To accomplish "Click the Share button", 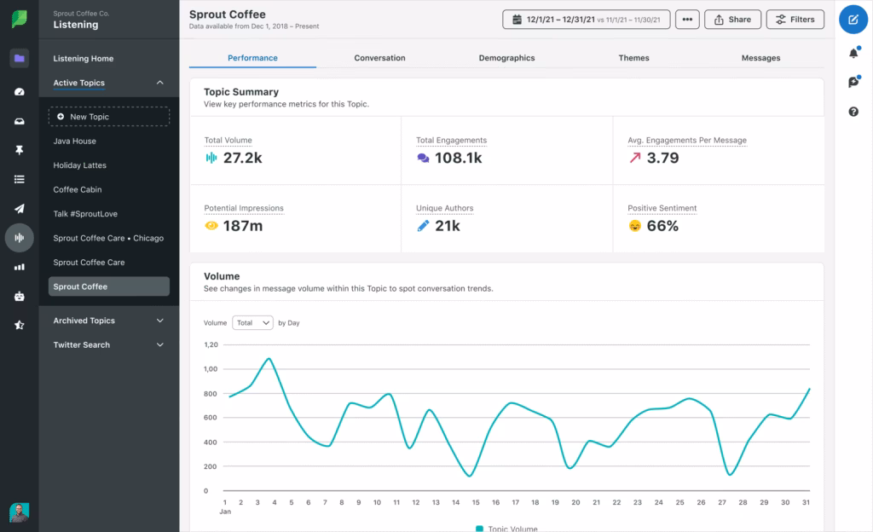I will [732, 20].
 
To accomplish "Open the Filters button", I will [795, 20].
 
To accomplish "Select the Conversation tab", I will [379, 58].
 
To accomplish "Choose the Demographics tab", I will [506, 58].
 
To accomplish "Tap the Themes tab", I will [633, 58].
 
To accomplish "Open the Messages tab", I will [760, 58].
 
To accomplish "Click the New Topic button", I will [108, 117].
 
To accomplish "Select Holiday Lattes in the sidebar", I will [79, 165].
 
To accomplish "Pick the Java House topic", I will [74, 141].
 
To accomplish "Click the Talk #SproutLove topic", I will [86, 214].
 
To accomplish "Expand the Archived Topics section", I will [108, 321].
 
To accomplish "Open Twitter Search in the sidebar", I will [108, 344].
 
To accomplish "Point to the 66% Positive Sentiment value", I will [662, 226].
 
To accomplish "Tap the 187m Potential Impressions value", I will [242, 226].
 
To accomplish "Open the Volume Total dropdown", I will [252, 323].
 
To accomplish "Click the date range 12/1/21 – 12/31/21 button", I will [586, 20].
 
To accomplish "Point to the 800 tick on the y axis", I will [211, 393].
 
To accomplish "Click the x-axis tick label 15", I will [476, 502].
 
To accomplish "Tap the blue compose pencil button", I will [853, 20].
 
